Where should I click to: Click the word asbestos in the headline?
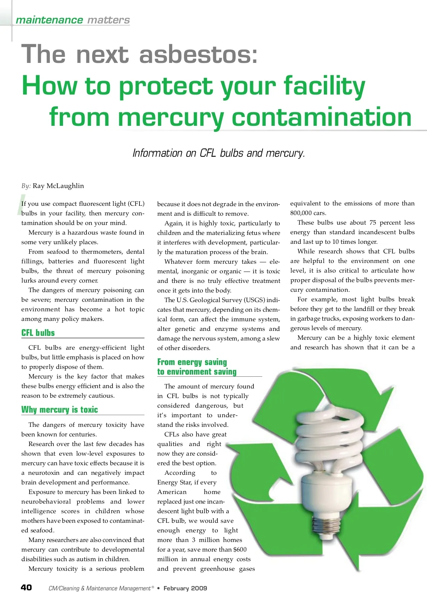198,55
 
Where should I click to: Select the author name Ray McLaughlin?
58,186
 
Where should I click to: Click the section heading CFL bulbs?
38,333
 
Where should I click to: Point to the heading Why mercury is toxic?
59,410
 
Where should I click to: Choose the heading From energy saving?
192,362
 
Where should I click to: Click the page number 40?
26,587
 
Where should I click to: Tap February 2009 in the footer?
185,588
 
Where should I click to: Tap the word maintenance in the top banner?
49,20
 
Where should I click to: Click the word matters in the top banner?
109,20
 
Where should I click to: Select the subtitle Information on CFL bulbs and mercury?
218,153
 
